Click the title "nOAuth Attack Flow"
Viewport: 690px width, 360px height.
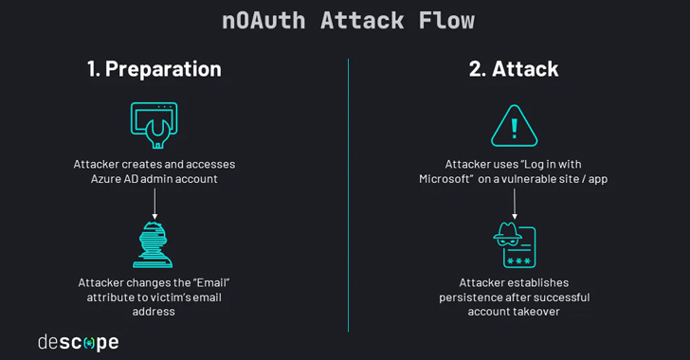(x=348, y=20)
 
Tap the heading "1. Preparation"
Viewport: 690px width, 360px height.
(x=154, y=69)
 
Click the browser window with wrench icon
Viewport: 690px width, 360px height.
(x=154, y=124)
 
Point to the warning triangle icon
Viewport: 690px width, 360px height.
(x=514, y=125)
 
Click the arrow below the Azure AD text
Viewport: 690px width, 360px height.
(x=154, y=202)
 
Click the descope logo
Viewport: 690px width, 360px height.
(x=78, y=341)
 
